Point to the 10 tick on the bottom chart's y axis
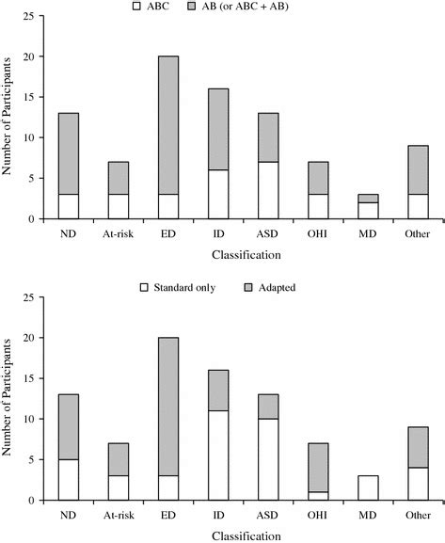click(37, 418)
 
